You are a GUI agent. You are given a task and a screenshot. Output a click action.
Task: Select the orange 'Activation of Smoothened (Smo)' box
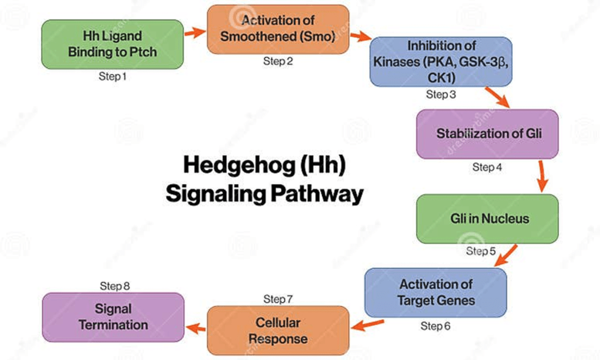pos(278,29)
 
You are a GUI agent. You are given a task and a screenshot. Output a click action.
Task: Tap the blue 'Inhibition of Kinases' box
pos(442,62)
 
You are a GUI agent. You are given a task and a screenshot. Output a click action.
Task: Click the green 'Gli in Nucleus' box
pos(487,219)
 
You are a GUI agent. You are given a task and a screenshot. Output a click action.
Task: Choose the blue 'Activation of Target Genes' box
pos(436,292)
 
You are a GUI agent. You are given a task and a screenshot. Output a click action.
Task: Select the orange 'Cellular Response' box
pos(278,331)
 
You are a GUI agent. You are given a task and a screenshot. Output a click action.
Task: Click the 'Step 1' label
pos(112,77)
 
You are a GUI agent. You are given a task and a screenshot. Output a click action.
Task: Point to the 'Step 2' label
pos(278,62)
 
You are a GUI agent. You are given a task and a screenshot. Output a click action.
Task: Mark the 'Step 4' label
pos(487,167)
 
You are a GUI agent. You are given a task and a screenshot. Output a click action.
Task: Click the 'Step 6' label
pos(436,326)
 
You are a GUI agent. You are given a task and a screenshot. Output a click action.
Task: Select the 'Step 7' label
pos(278,300)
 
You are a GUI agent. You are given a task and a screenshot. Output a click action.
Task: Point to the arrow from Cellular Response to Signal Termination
pos(196,328)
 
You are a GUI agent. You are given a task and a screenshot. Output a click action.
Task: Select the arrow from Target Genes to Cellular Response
pos(367,324)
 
